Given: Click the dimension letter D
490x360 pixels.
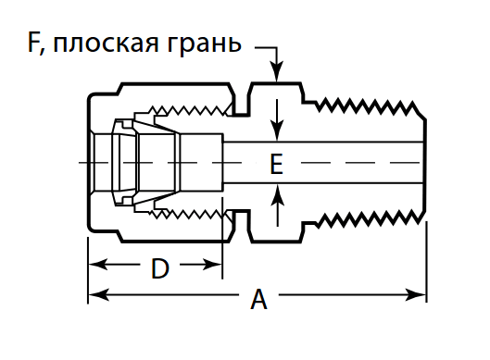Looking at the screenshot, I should (159, 269).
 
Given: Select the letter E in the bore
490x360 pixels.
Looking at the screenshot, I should (275, 164).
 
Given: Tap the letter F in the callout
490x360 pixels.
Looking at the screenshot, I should (36, 43).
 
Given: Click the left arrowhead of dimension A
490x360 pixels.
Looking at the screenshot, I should (94, 296).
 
